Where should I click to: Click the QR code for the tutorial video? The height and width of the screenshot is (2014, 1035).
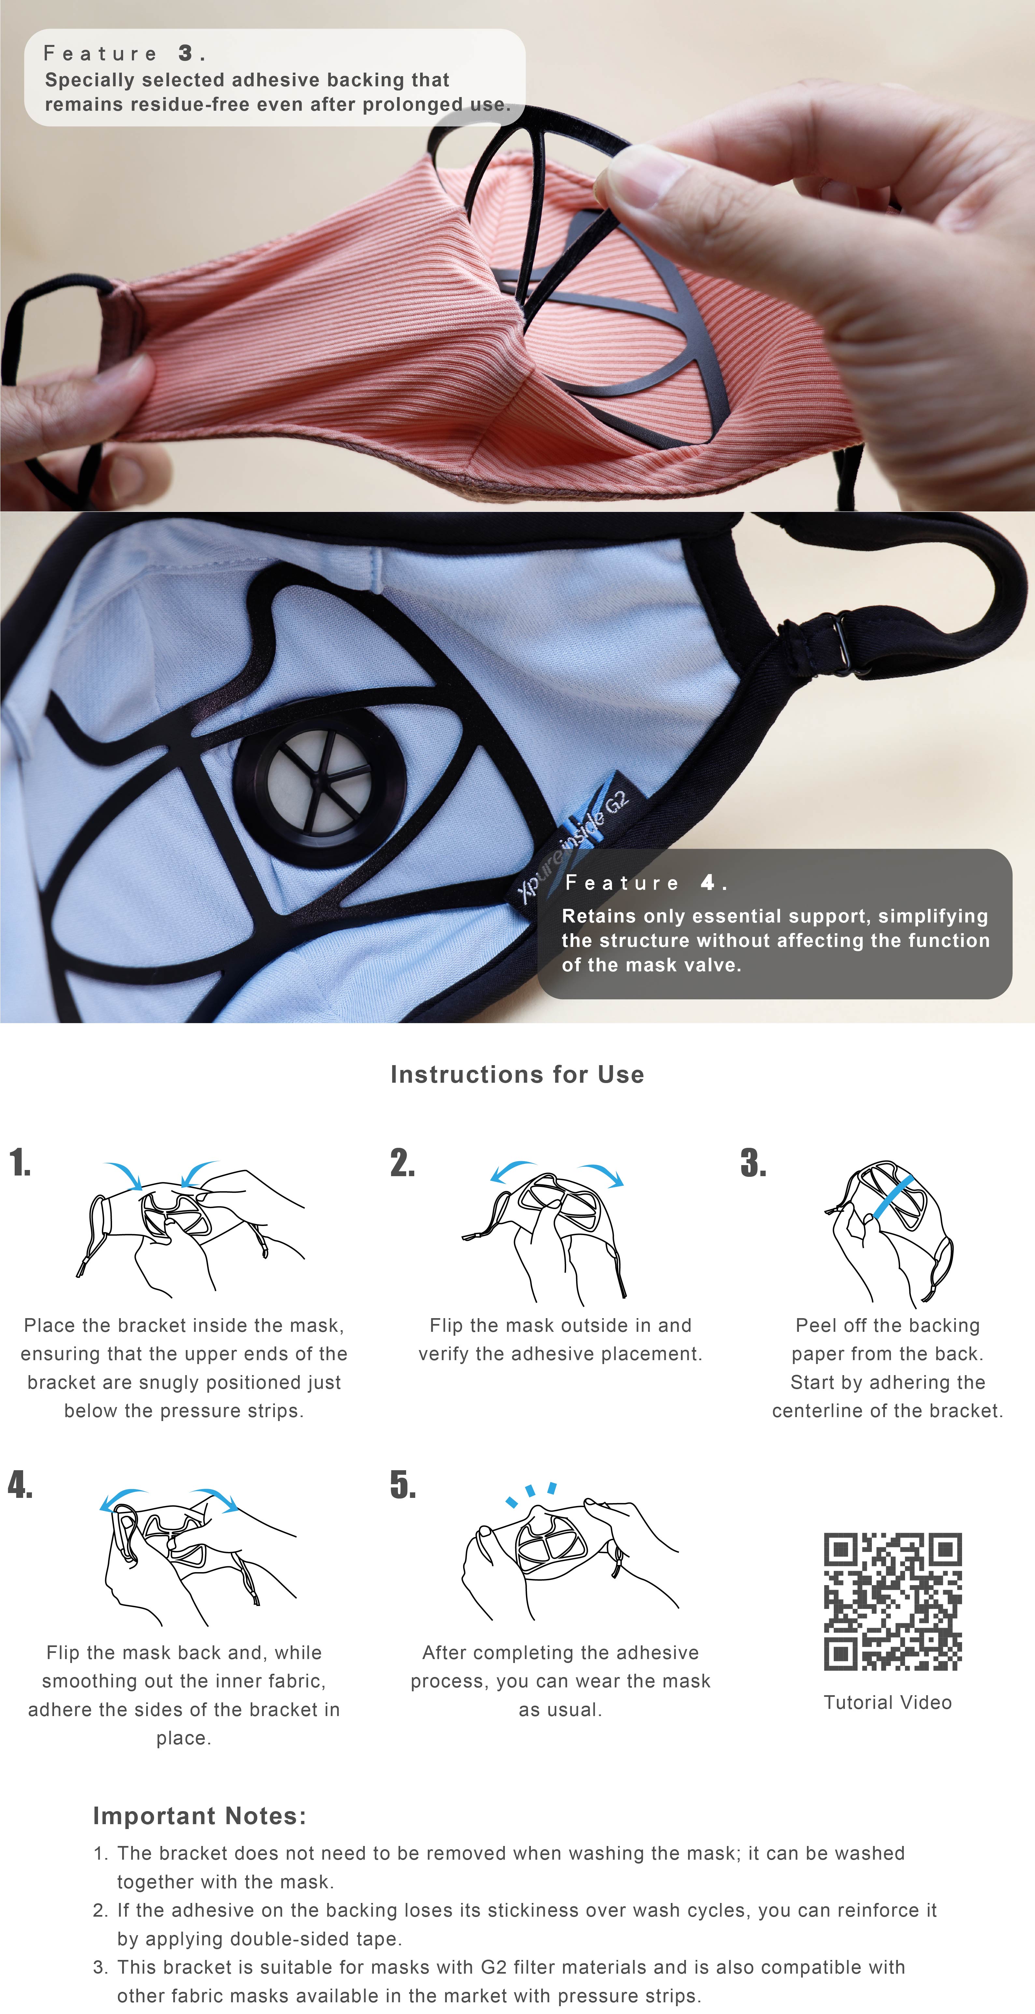(x=893, y=1601)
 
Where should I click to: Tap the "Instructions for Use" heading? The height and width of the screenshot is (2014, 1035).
(x=517, y=1074)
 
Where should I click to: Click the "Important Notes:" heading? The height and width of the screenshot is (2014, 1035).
(x=199, y=1815)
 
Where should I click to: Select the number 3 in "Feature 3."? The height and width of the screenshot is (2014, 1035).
(x=185, y=53)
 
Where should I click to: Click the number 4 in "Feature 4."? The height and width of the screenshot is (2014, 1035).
(x=708, y=883)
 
